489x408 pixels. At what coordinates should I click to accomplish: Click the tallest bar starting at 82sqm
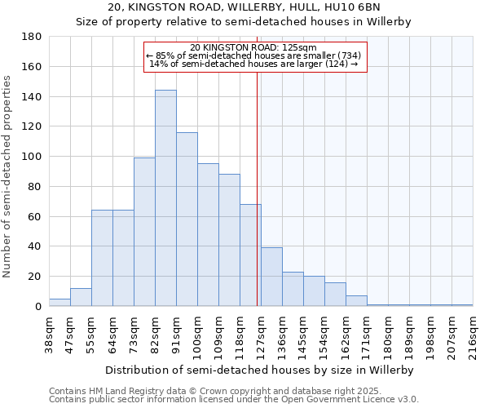pos(165,198)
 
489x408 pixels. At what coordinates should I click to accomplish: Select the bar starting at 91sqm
pos(187,220)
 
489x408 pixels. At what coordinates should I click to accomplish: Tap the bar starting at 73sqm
pos(144,232)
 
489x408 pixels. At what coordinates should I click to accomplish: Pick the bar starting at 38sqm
pos(59,303)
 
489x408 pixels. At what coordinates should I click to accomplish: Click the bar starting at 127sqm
pos(271,277)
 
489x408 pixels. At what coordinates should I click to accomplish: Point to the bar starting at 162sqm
pos(356,301)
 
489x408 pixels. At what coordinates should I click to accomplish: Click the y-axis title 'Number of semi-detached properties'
pos(8,175)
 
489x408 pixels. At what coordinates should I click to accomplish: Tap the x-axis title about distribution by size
pos(260,370)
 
